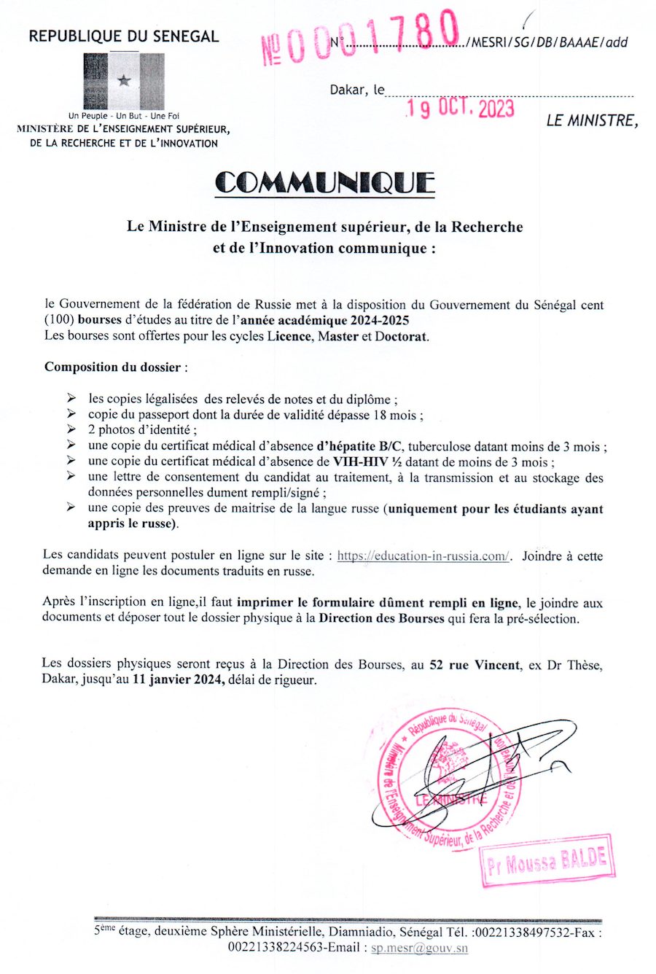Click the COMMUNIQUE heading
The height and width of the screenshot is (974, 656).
click(325, 182)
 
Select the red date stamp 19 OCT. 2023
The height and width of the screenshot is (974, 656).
click(461, 109)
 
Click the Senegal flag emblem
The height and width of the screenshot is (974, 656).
click(123, 81)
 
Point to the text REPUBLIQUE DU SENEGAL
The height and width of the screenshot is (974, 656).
click(123, 36)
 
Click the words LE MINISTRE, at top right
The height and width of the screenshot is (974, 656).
click(592, 121)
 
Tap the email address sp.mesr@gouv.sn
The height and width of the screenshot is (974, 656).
click(419, 948)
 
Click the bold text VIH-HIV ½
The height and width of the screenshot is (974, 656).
click(369, 461)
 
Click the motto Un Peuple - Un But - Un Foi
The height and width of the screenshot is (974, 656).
click(124, 116)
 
